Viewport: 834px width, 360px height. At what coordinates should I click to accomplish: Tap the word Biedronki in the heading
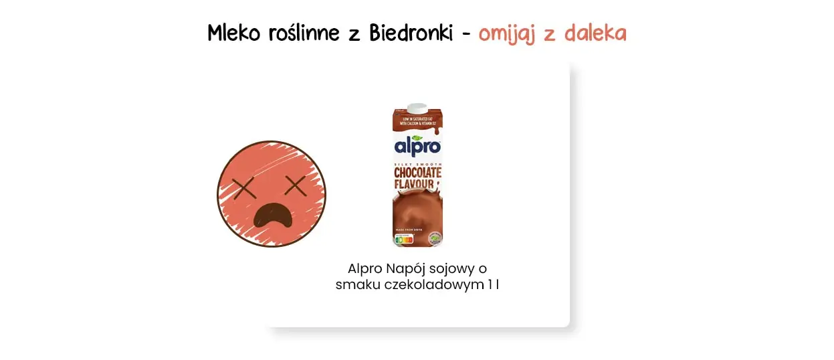pyautogui.click(x=410, y=33)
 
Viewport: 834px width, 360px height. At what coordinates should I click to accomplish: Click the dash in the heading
pyautogui.click(x=466, y=34)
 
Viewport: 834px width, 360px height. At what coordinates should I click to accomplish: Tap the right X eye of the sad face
pyautogui.click(x=295, y=185)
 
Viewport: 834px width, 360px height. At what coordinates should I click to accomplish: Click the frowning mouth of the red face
pyautogui.click(x=272, y=216)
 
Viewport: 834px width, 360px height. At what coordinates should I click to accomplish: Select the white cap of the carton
pyautogui.click(x=417, y=107)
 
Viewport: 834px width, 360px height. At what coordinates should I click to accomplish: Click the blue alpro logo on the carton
pyautogui.click(x=417, y=146)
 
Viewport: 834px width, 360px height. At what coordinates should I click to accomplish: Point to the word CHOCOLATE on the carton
pyautogui.click(x=417, y=173)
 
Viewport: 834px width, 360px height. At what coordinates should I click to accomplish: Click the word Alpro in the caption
pyautogui.click(x=365, y=268)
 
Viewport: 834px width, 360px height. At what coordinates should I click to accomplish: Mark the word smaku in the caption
pyautogui.click(x=356, y=284)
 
